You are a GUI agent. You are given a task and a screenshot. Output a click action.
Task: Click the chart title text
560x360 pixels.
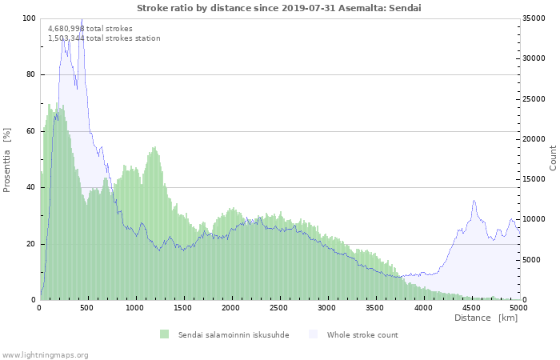[x=279, y=8]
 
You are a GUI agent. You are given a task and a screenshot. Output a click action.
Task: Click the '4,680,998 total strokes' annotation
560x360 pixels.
[x=90, y=28]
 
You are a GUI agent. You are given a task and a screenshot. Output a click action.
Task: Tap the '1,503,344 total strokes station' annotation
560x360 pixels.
[x=104, y=38]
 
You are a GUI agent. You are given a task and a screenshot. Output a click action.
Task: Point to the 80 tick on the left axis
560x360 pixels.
[x=30, y=74]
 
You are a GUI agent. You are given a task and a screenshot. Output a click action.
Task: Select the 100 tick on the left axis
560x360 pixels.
[x=29, y=18]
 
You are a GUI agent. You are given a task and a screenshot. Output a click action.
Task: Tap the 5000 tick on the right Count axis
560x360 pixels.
[x=531, y=260]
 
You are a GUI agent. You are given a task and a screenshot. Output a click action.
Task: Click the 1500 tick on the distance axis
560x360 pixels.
[x=183, y=307]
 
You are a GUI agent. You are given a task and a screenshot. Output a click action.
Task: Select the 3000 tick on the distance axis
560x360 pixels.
[x=327, y=307]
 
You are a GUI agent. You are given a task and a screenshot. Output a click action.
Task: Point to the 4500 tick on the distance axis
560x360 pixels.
[x=470, y=307]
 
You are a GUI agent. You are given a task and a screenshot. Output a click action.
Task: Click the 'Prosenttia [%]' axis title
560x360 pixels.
[x=7, y=159]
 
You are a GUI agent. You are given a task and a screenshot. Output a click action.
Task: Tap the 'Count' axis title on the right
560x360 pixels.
[x=553, y=158]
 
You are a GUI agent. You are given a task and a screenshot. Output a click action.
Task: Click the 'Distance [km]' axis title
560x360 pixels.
[x=486, y=318]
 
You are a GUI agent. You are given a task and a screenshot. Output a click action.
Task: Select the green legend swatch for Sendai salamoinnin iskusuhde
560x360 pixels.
[x=165, y=334]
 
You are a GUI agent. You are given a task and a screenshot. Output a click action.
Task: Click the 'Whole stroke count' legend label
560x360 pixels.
[x=362, y=334]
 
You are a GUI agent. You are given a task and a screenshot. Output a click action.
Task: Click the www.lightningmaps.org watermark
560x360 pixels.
[x=45, y=354]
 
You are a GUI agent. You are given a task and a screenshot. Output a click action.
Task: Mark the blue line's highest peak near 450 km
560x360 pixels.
[x=82, y=20]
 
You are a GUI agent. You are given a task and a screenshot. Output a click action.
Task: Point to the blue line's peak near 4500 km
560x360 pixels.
[x=474, y=201]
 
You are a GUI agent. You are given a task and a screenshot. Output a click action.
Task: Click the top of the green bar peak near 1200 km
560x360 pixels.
[x=154, y=147]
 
